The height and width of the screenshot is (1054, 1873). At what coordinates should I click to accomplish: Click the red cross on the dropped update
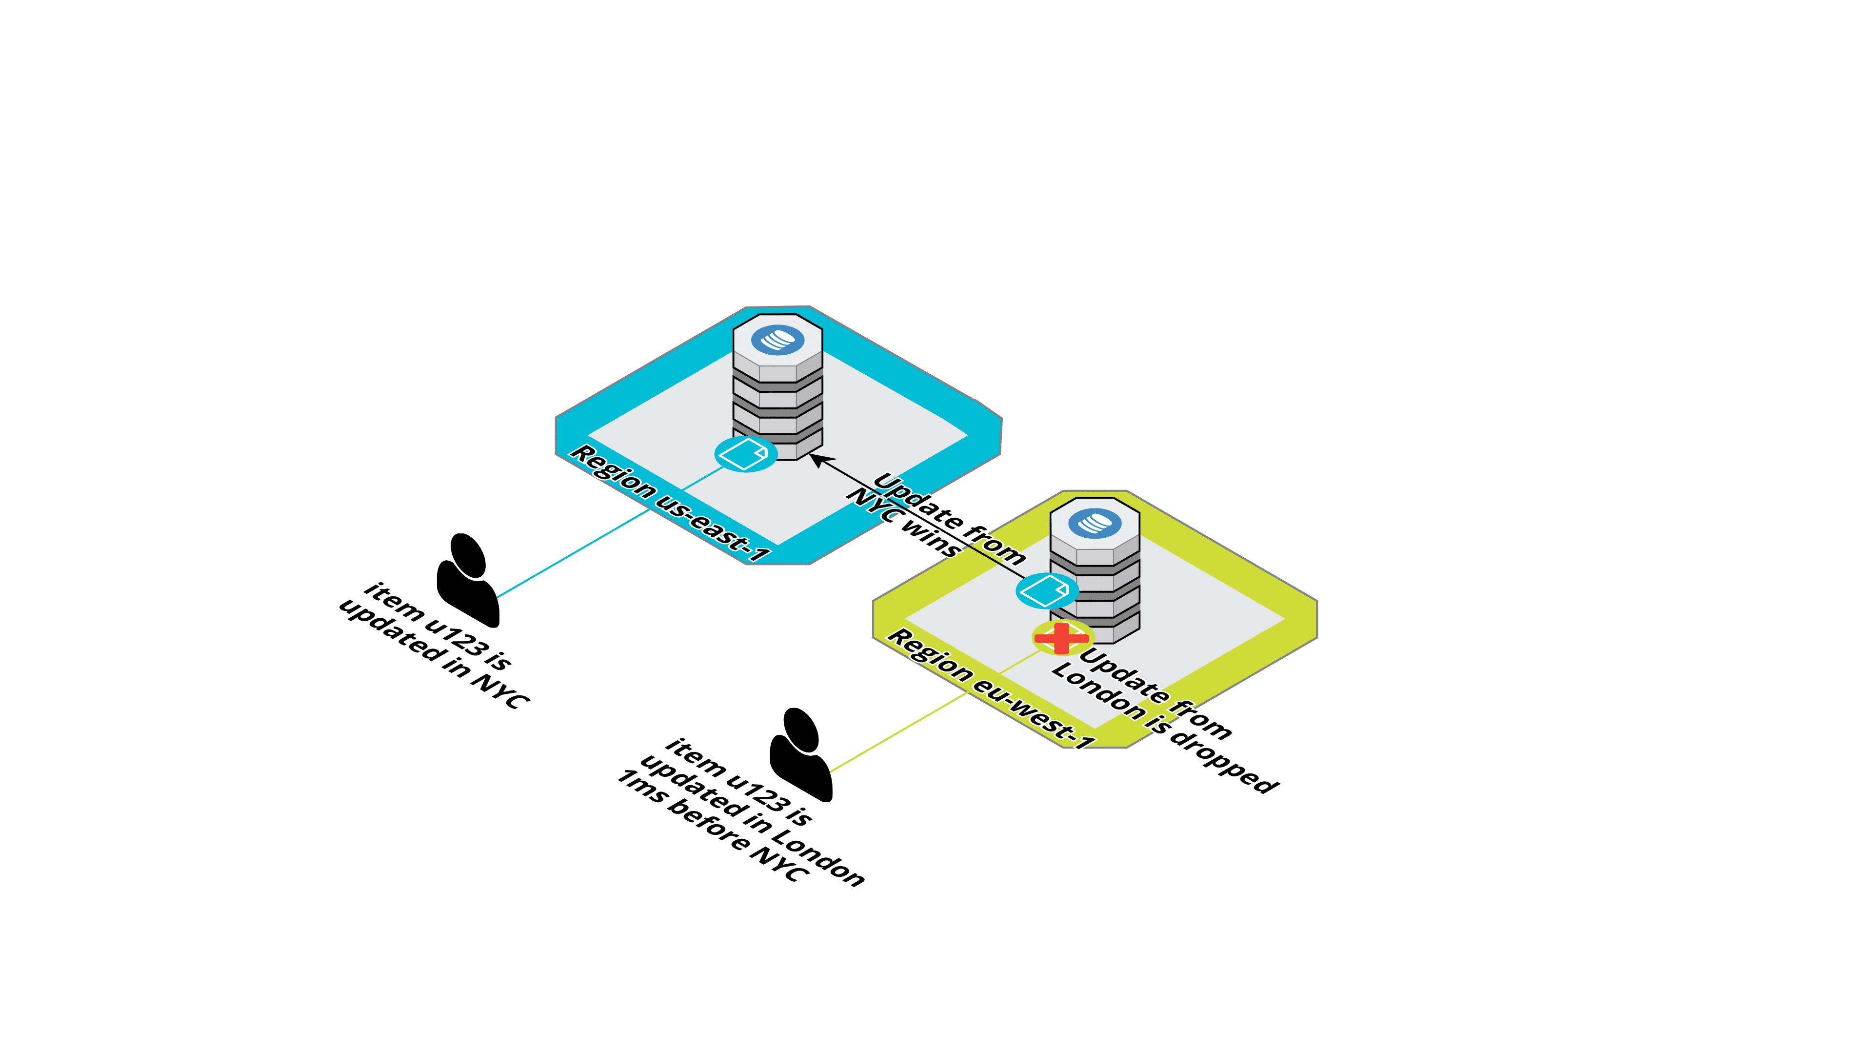(1061, 638)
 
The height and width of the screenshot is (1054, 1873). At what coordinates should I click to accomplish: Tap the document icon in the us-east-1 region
(744, 454)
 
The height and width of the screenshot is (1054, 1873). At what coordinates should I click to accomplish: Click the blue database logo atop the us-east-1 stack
(777, 340)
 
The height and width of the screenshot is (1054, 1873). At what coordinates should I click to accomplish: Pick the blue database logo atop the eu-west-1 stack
(1095, 523)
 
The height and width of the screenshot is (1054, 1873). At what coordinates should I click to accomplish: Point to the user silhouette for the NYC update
(468, 582)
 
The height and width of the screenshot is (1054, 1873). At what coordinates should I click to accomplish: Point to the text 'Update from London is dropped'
(1163, 720)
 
